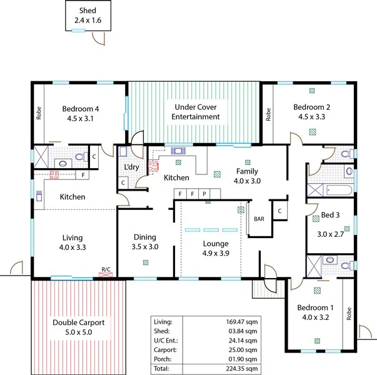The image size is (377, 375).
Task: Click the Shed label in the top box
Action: [x=88, y=11]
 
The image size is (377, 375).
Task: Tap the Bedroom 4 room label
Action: [x=81, y=108]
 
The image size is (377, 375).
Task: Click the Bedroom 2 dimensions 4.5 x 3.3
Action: [x=312, y=116]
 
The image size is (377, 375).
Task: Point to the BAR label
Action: [x=259, y=219]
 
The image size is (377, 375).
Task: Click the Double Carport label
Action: [x=79, y=322]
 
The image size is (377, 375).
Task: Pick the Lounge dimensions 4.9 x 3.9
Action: [x=215, y=254]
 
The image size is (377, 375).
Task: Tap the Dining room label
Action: [x=145, y=237]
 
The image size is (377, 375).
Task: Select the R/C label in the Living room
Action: [x=106, y=269]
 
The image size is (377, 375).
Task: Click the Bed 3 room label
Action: [x=330, y=215]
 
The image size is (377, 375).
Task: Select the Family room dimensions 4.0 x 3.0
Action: [x=246, y=181]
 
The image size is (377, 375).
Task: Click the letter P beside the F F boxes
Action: [x=204, y=194]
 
